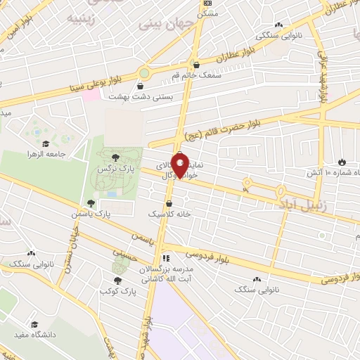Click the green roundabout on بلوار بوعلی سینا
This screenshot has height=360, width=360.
(146, 72)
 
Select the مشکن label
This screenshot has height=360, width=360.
(208, 13)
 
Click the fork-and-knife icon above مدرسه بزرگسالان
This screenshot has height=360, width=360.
(167, 258)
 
